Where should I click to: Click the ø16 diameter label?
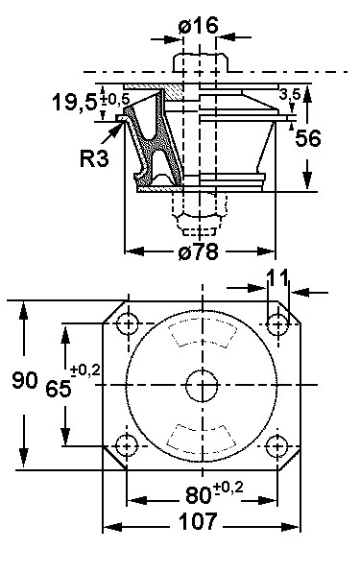coord(199,25)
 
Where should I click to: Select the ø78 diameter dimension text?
coord(199,251)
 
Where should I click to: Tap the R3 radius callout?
coord(94,158)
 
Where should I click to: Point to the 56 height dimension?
coord(308,138)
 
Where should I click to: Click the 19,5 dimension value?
coord(75,102)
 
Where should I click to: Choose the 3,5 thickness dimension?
coord(290,94)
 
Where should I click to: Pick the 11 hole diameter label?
coord(277,277)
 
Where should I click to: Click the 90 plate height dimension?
coord(25,380)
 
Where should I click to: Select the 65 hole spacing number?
coord(59,388)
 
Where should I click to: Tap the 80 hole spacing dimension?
coord(199,495)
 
